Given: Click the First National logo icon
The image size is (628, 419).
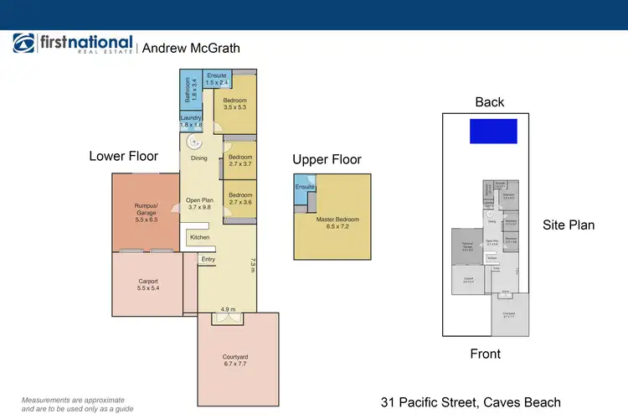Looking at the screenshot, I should (23, 44).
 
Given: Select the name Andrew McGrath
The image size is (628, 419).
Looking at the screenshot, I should (191, 48).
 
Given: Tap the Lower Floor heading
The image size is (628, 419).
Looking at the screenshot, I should (124, 156).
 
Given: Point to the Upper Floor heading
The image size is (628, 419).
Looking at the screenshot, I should (327, 159).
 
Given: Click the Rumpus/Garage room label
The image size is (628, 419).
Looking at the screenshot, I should (146, 209).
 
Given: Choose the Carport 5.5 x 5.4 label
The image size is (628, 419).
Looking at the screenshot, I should (147, 284).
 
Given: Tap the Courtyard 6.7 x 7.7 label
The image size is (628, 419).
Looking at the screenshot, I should (237, 360).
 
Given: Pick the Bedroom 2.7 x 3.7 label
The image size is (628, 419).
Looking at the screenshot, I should (241, 160).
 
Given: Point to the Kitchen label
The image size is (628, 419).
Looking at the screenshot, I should (199, 237).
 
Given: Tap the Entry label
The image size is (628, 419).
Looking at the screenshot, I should (208, 259).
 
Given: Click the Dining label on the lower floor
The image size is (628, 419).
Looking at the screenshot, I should (198, 158).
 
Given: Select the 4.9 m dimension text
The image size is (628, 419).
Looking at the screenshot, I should (227, 309).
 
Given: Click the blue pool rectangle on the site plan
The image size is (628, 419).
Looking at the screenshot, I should (493, 131).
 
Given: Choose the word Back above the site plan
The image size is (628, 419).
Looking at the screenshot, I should (490, 102).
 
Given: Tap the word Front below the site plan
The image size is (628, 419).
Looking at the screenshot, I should (486, 354).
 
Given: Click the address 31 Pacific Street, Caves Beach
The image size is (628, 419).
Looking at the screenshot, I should (471, 402).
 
